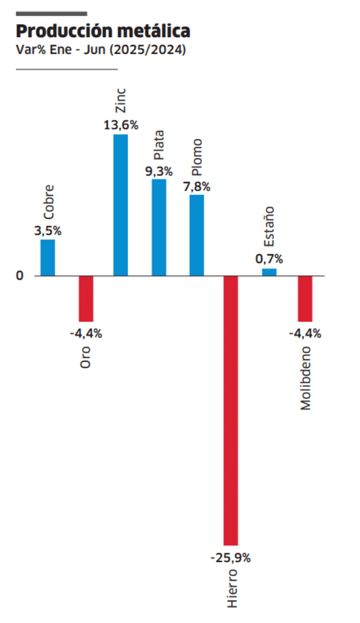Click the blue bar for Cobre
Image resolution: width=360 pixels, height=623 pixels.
click(x=48, y=258)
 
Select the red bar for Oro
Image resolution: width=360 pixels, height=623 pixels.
click(x=85, y=299)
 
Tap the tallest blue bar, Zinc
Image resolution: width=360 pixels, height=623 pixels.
click(x=120, y=205)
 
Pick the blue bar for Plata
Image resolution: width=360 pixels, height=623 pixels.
click(x=159, y=227)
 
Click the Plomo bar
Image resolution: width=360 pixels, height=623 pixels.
click(x=197, y=235)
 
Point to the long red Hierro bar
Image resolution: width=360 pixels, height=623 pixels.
click(x=231, y=410)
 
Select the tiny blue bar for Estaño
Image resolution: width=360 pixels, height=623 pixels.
click(x=269, y=272)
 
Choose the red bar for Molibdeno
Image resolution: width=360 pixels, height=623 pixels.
click(x=305, y=299)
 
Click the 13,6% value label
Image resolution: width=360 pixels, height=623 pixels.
click(x=121, y=125)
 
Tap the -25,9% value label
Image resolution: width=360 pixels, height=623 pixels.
click(x=231, y=558)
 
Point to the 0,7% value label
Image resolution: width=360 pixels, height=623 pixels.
click(x=269, y=259)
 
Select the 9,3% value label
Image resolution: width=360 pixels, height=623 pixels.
click(x=159, y=171)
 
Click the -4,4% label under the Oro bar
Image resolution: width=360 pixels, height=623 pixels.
click(x=85, y=333)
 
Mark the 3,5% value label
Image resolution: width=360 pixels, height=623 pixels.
click(x=48, y=231)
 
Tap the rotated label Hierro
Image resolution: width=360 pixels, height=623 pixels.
click(x=232, y=588)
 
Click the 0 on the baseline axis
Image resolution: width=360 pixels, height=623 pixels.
click(x=20, y=276)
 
